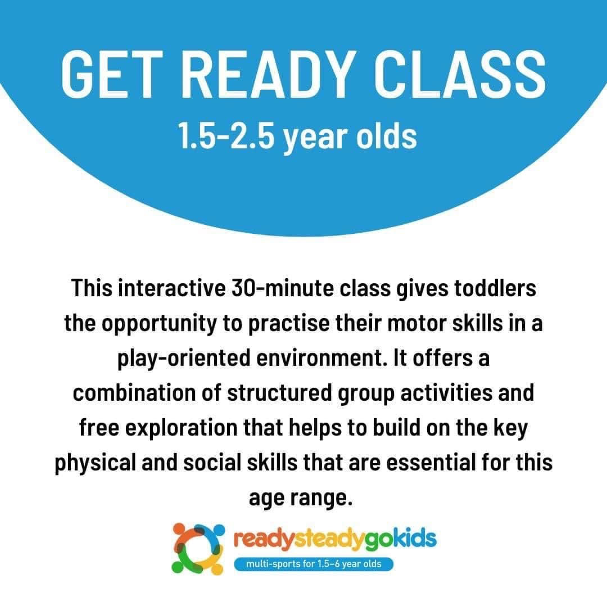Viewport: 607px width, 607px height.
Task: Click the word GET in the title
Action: pyautogui.click(x=111, y=74)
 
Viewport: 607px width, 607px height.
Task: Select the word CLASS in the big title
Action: pyautogui.click(x=460, y=74)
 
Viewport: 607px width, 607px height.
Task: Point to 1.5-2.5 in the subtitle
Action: pyautogui.click(x=226, y=136)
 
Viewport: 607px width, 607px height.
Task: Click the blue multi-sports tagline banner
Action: pyautogui.click(x=314, y=564)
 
